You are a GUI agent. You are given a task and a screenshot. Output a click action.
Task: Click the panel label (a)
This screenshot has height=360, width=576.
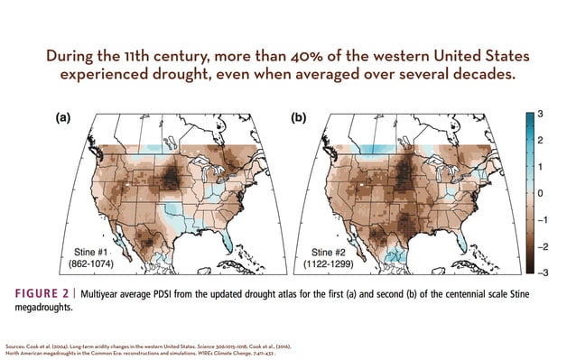(x=66, y=118)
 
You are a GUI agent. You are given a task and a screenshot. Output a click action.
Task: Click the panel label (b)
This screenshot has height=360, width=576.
(x=300, y=118)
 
